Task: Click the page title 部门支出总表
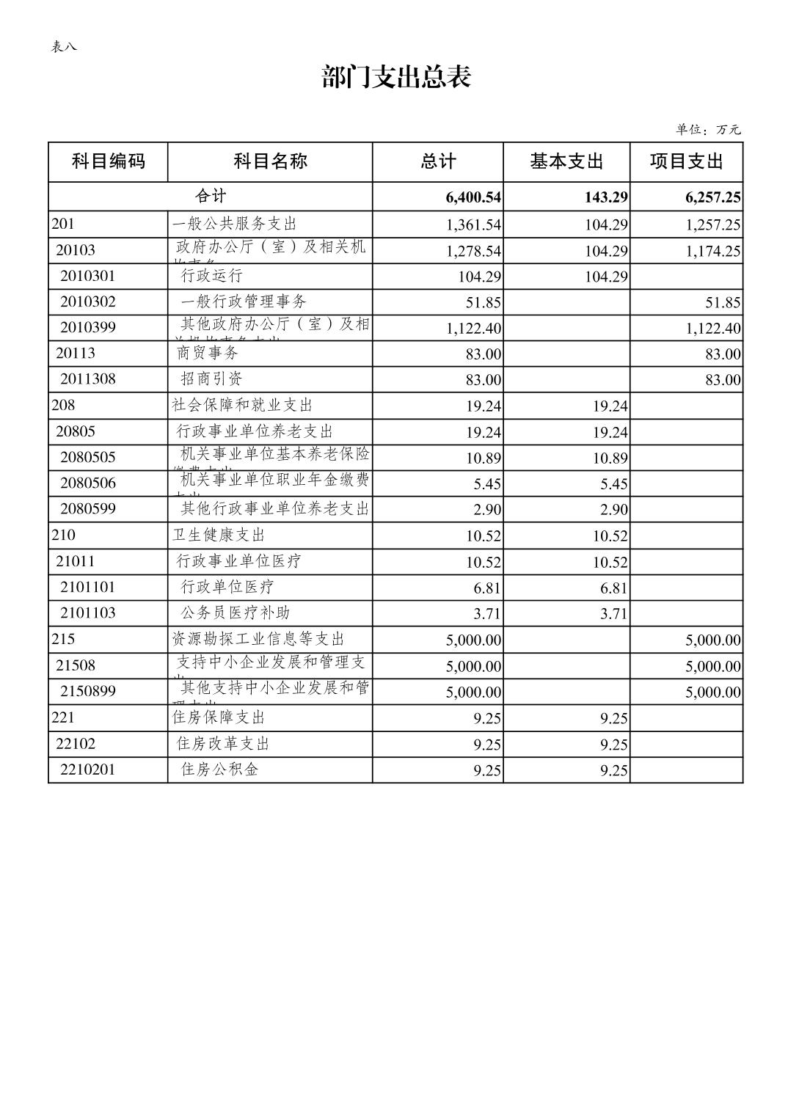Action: pos(395,77)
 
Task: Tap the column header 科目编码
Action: pos(108,161)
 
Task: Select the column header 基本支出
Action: pos(566,161)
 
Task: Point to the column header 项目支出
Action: pos(686,161)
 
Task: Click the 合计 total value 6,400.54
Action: pos(473,197)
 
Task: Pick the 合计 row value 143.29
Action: pos(605,197)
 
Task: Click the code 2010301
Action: pos(87,276)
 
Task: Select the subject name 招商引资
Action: pos(211,379)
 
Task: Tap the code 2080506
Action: pos(87,483)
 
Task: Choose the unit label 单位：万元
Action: pos(708,130)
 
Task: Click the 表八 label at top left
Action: pos(63,47)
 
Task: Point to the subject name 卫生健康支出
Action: pos(218,535)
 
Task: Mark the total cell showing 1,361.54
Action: pos(473,225)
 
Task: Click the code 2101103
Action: pos(87,613)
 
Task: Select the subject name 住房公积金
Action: pos(219,769)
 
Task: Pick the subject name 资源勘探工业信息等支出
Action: pos(258,639)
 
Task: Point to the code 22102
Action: pos(76,743)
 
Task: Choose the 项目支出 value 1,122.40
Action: pos(712,329)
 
